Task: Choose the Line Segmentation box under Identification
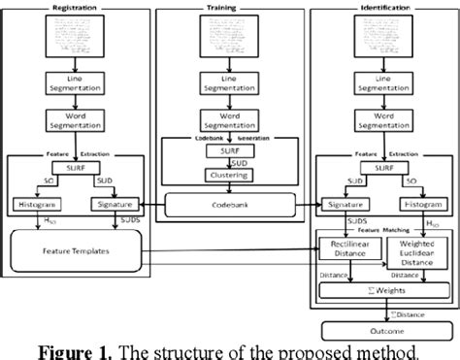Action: click(x=381, y=82)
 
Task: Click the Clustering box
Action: click(x=230, y=176)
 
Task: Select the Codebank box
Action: click(x=230, y=205)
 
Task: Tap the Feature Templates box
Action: click(x=74, y=250)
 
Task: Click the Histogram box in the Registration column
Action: click(x=35, y=205)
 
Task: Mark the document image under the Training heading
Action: click(x=231, y=35)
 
